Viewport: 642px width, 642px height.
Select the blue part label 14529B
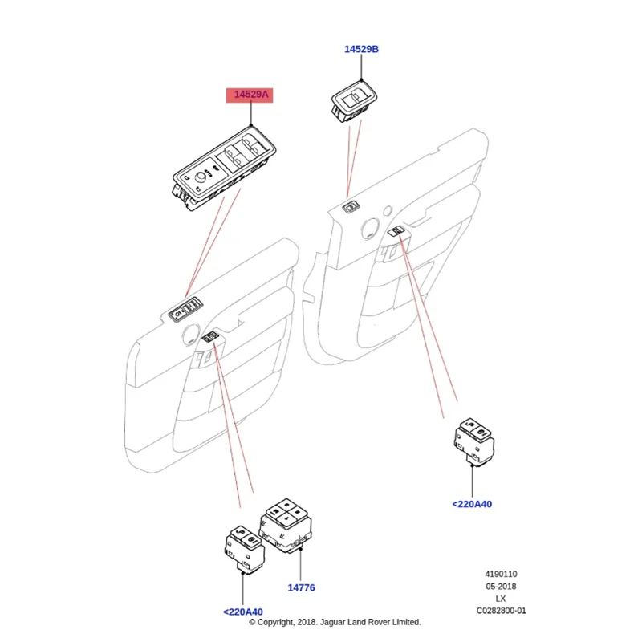pyautogui.click(x=361, y=50)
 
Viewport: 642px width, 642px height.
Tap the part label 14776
pyautogui.click(x=300, y=587)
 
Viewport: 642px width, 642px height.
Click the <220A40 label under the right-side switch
pyautogui.click(x=472, y=504)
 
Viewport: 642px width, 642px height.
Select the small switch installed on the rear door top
pyautogui.click(x=351, y=209)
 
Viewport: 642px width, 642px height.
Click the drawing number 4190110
pyautogui.click(x=501, y=575)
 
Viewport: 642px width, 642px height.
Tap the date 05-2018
pyautogui.click(x=501, y=587)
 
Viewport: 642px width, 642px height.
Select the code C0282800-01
pyautogui.click(x=501, y=611)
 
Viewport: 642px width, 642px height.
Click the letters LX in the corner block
pyautogui.click(x=501, y=599)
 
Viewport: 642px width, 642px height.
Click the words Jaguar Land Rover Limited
pyautogui.click(x=376, y=622)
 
